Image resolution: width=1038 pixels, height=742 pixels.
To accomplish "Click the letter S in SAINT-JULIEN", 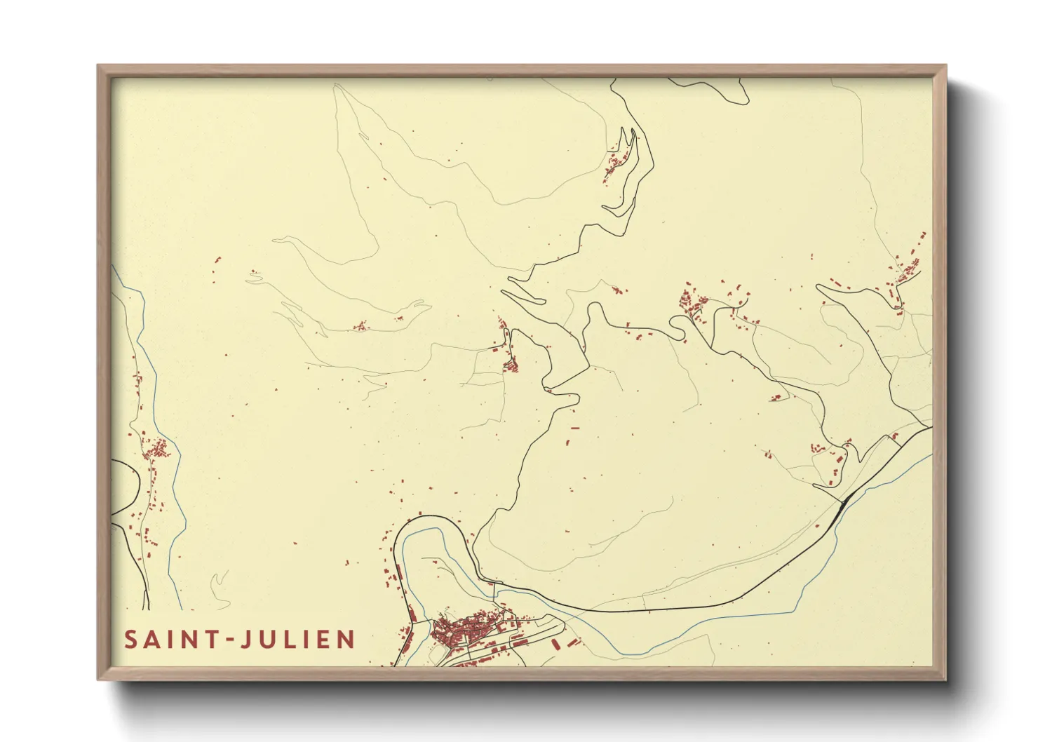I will [x=131, y=640].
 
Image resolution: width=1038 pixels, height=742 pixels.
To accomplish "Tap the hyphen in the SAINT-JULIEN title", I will [x=227, y=640].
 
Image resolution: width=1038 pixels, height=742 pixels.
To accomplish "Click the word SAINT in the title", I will [x=170, y=640].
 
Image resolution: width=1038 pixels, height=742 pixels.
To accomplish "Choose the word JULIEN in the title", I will [x=297, y=640].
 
